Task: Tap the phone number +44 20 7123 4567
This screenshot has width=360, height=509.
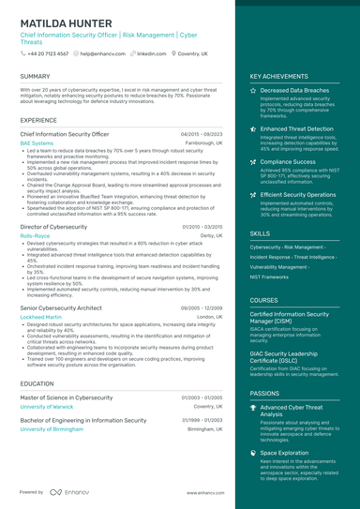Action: pos(48,54)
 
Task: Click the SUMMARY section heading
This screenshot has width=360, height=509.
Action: pos(35,76)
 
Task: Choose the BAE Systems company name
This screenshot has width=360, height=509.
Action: pos(37,143)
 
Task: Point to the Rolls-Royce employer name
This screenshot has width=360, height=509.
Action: pos(35,236)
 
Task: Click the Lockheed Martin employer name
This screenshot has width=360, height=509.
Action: pos(40,317)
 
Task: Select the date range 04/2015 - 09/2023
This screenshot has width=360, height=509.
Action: pos(202,134)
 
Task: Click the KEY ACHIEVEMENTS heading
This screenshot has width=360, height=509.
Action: pos(278,76)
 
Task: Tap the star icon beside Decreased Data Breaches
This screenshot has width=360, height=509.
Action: pos(254,91)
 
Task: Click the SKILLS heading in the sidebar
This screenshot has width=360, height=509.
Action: pos(260,233)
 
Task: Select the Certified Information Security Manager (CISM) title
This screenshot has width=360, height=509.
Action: pos(295,317)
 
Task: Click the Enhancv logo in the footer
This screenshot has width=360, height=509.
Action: pos(69,491)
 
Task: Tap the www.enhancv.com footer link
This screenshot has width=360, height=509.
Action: pos(205,492)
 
